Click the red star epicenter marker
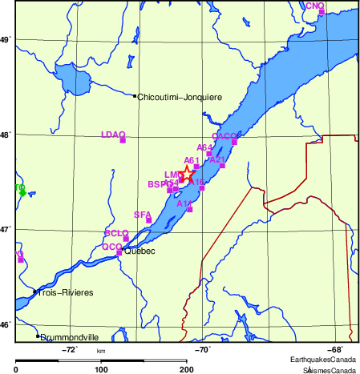pos(187,174)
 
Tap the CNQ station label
pos(315,6)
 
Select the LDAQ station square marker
pos(123,140)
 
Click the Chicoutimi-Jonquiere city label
pos(180,97)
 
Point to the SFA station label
pos(142,215)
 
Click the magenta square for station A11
pos(189,209)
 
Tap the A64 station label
pos(204,147)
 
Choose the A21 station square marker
pos(222,166)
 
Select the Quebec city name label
pos(138,250)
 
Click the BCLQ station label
pos(116,232)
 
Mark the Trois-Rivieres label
pos(65,293)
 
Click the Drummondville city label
pos(69,338)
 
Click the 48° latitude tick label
pos(6,135)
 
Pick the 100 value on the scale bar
pos(101,370)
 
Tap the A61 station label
pos(192,160)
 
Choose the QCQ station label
pos(111,247)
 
